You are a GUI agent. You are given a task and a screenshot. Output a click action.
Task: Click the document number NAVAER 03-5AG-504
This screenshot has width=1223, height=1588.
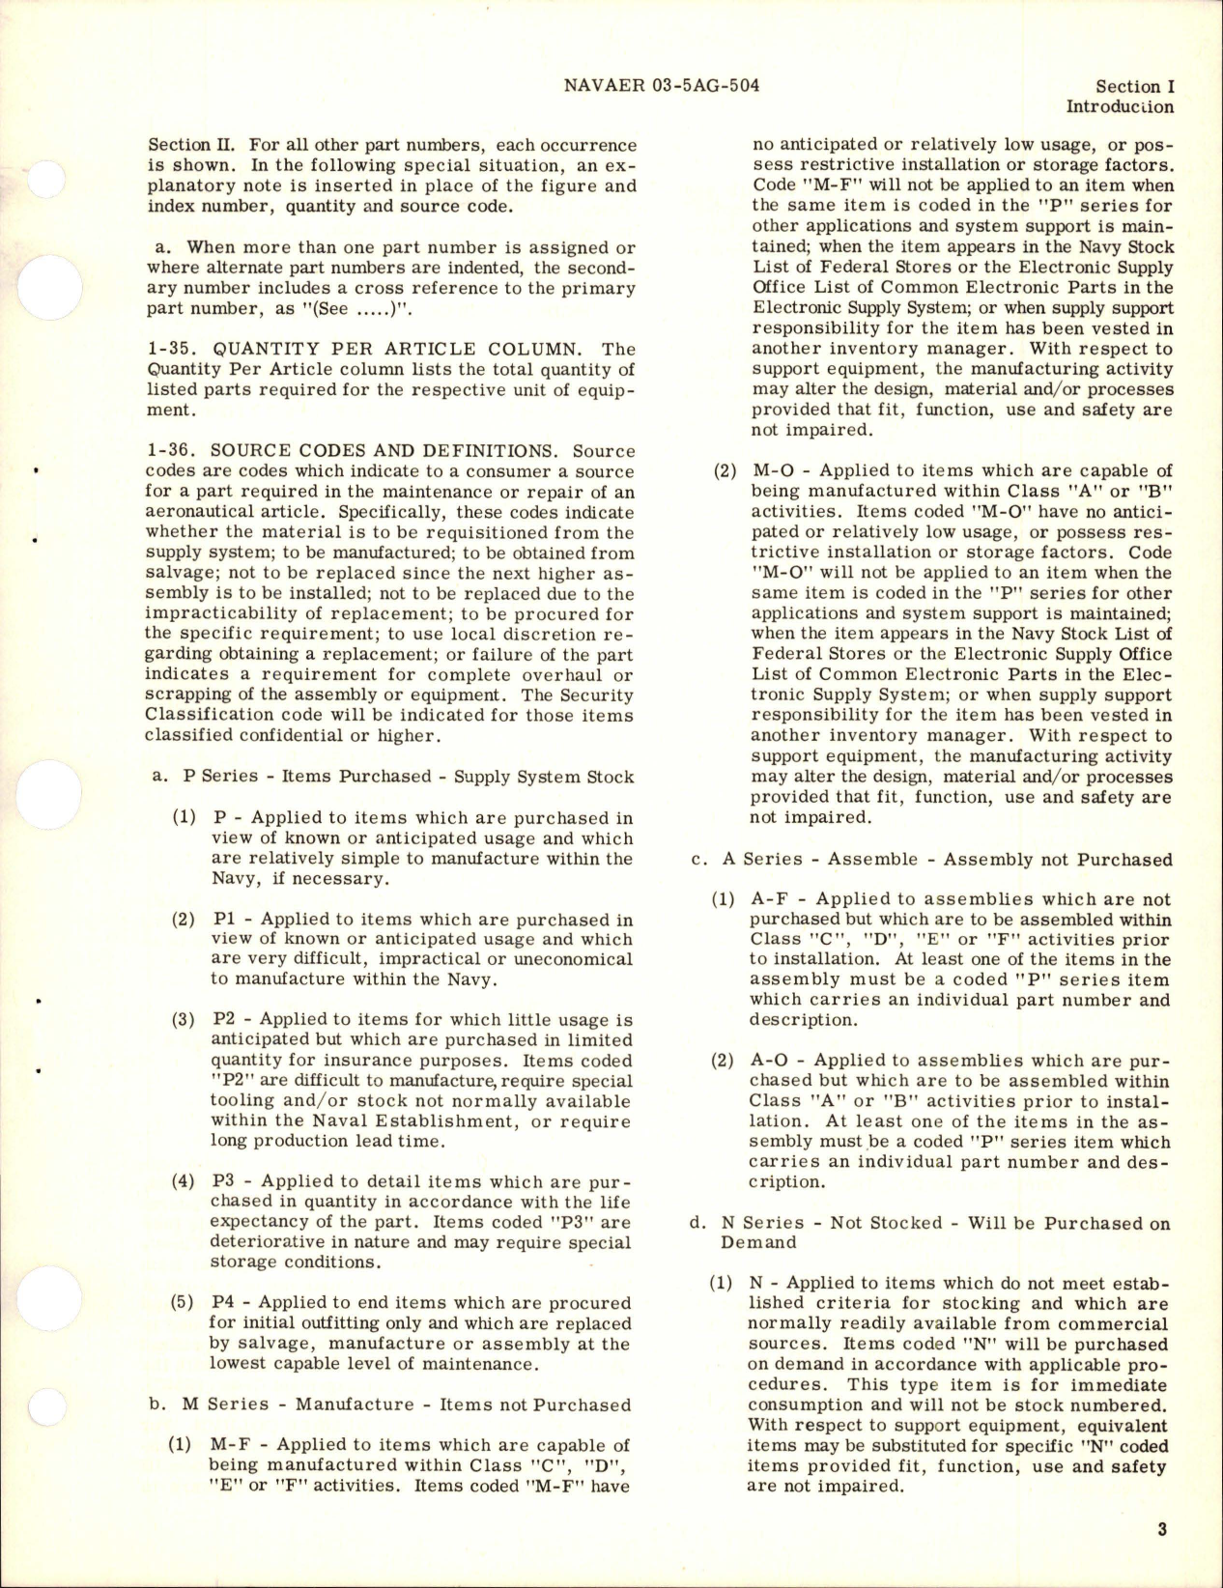click(x=660, y=85)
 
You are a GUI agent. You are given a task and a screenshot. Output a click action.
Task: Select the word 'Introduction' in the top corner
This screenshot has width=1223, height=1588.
click(x=1120, y=108)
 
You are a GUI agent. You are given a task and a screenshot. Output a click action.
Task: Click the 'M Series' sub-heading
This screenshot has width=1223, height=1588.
click(x=212, y=1404)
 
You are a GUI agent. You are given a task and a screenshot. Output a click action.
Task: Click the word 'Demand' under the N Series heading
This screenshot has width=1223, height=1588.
click(x=758, y=1242)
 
